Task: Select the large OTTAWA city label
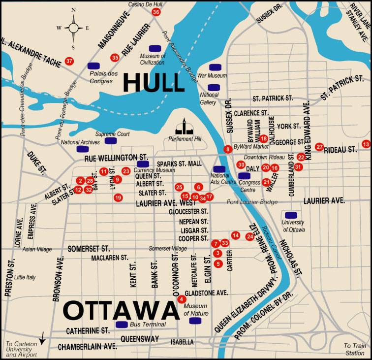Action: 121,311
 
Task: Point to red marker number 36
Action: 156,12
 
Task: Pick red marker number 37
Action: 69,62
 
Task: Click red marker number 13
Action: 366,144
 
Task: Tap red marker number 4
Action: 182,299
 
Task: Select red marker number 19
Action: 118,197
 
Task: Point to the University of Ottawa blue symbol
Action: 291,215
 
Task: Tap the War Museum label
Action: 215,76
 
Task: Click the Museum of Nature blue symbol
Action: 195,321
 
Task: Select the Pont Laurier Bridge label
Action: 252,202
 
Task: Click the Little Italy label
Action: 25,277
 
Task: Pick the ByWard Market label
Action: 251,146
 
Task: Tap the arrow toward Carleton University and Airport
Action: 43,338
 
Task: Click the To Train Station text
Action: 354,349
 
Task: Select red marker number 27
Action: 319,147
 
